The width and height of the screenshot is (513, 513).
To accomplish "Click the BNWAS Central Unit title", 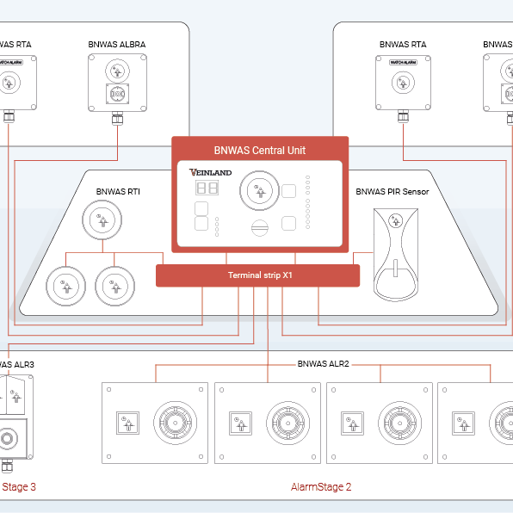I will (259, 150).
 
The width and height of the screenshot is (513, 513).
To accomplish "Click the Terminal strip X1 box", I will (256, 275).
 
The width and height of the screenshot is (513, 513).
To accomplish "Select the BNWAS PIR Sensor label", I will (392, 192).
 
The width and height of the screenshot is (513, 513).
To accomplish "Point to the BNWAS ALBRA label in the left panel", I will (117, 45).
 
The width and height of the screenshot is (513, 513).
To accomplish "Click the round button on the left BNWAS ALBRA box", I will (117, 70).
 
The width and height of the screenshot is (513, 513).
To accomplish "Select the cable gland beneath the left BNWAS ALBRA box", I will (117, 118).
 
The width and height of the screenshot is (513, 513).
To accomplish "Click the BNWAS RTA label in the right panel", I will (403, 45).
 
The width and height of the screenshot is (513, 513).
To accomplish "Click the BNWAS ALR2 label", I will (323, 364).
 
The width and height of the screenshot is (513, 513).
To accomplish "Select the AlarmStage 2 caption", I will (321, 487).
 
